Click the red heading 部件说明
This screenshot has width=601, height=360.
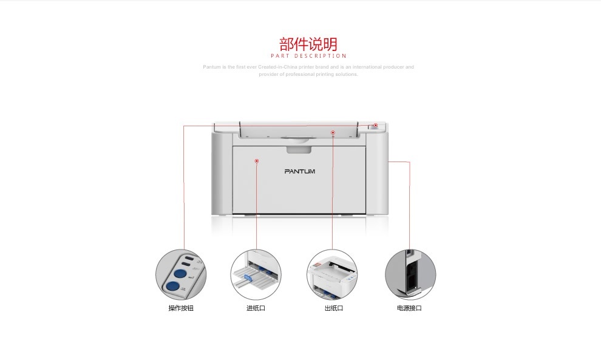(308, 44)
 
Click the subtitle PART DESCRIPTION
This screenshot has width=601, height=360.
(308, 56)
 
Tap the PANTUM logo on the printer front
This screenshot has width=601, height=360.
(300, 171)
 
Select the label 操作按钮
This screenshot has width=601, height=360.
(181, 308)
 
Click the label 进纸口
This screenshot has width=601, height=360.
(256, 308)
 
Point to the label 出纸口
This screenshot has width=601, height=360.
(333, 308)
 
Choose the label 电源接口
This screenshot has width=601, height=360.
(409, 308)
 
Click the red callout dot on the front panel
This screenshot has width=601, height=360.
(257, 161)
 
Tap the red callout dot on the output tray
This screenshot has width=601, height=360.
(333, 132)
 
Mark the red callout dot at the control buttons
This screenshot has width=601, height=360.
(375, 126)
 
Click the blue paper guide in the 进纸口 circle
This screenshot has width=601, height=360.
(248, 279)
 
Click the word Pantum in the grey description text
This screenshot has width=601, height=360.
(211, 67)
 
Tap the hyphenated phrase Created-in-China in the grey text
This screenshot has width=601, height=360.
(274, 67)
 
